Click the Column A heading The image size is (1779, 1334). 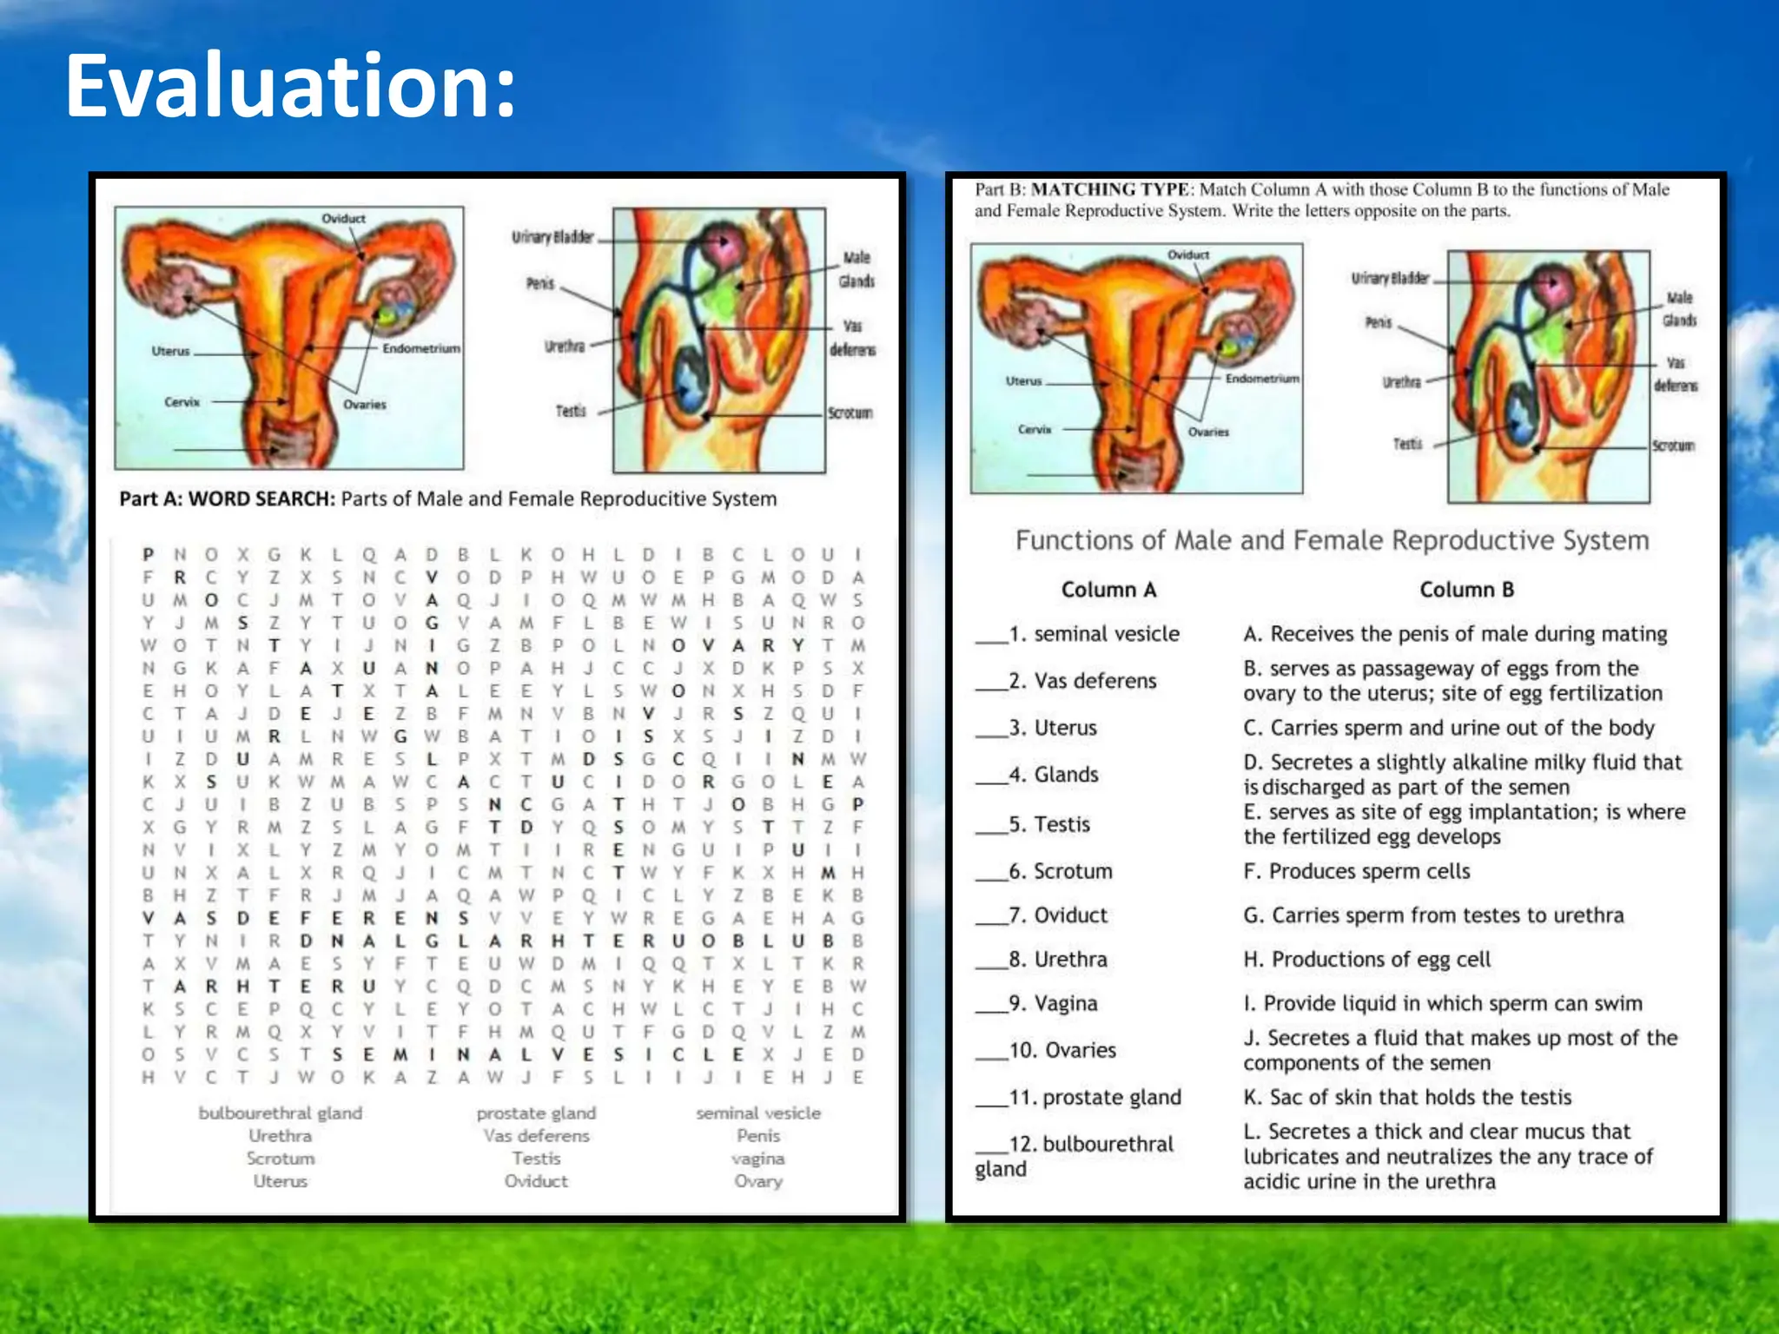(1108, 590)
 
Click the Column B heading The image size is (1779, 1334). (1466, 590)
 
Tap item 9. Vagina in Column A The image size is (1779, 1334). (1053, 1004)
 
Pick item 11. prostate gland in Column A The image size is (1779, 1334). (1095, 1097)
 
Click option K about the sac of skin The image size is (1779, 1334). (1407, 1097)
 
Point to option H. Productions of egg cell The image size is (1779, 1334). (1366, 960)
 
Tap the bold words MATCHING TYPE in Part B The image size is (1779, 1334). (1109, 189)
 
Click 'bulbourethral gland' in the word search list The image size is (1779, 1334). (280, 1113)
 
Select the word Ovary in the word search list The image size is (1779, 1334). (757, 1181)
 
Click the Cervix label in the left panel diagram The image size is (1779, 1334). (182, 402)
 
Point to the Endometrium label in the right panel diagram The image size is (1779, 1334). (1262, 379)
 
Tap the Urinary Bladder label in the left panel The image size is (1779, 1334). (552, 237)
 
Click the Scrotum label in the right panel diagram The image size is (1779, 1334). (1673, 446)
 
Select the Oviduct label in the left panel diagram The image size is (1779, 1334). (343, 218)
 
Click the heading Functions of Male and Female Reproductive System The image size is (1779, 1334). (1332, 540)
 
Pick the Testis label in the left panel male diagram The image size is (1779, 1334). (571, 411)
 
